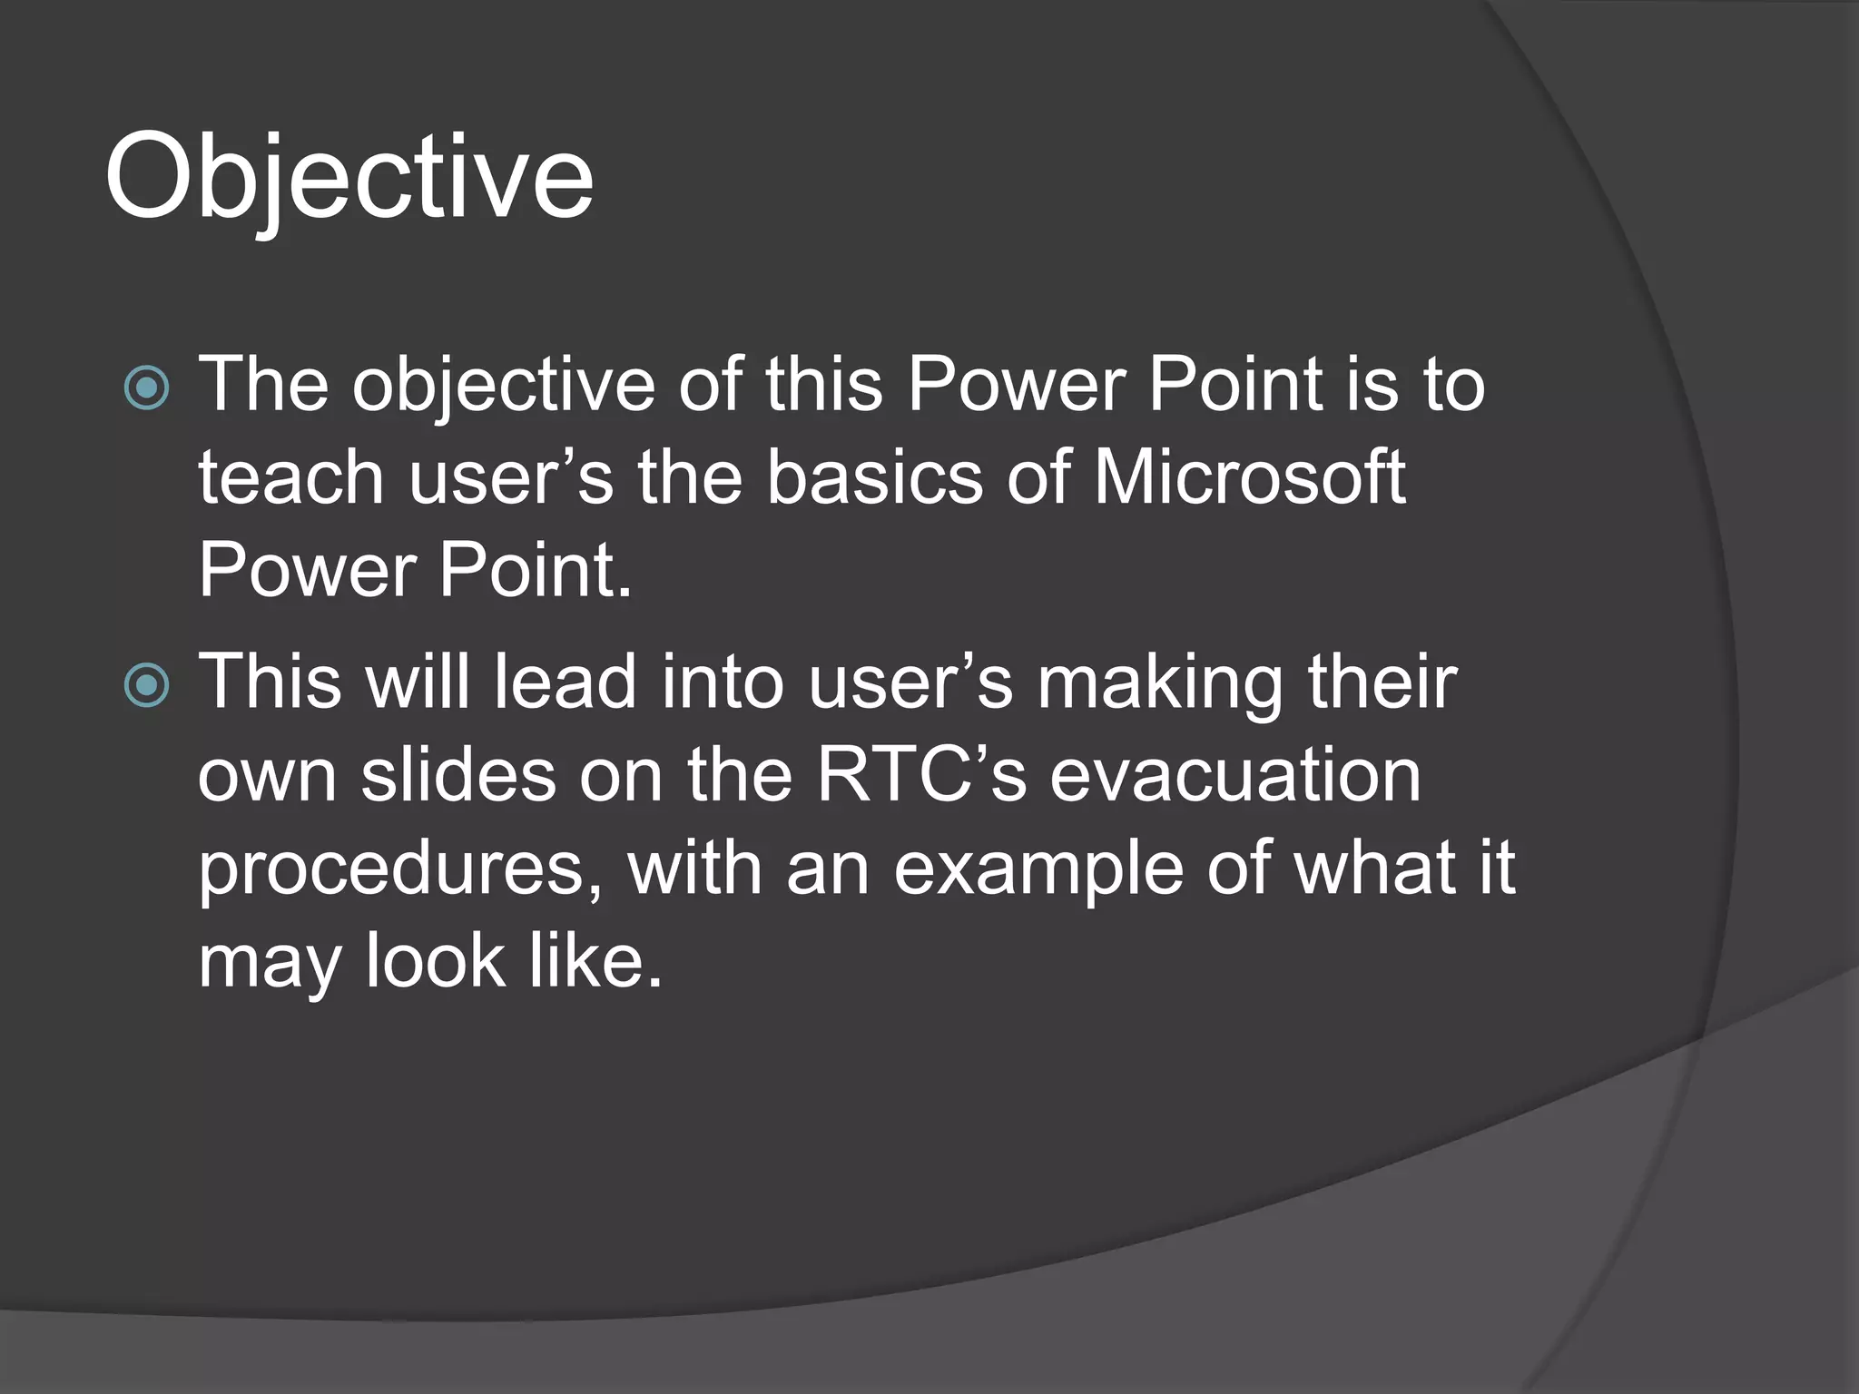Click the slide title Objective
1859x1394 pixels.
(x=349, y=177)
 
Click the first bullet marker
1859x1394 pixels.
(x=146, y=388)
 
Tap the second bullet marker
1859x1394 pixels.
(x=146, y=684)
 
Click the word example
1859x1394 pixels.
(x=1038, y=869)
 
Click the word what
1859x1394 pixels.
(x=1375, y=868)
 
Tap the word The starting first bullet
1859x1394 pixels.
(x=263, y=385)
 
